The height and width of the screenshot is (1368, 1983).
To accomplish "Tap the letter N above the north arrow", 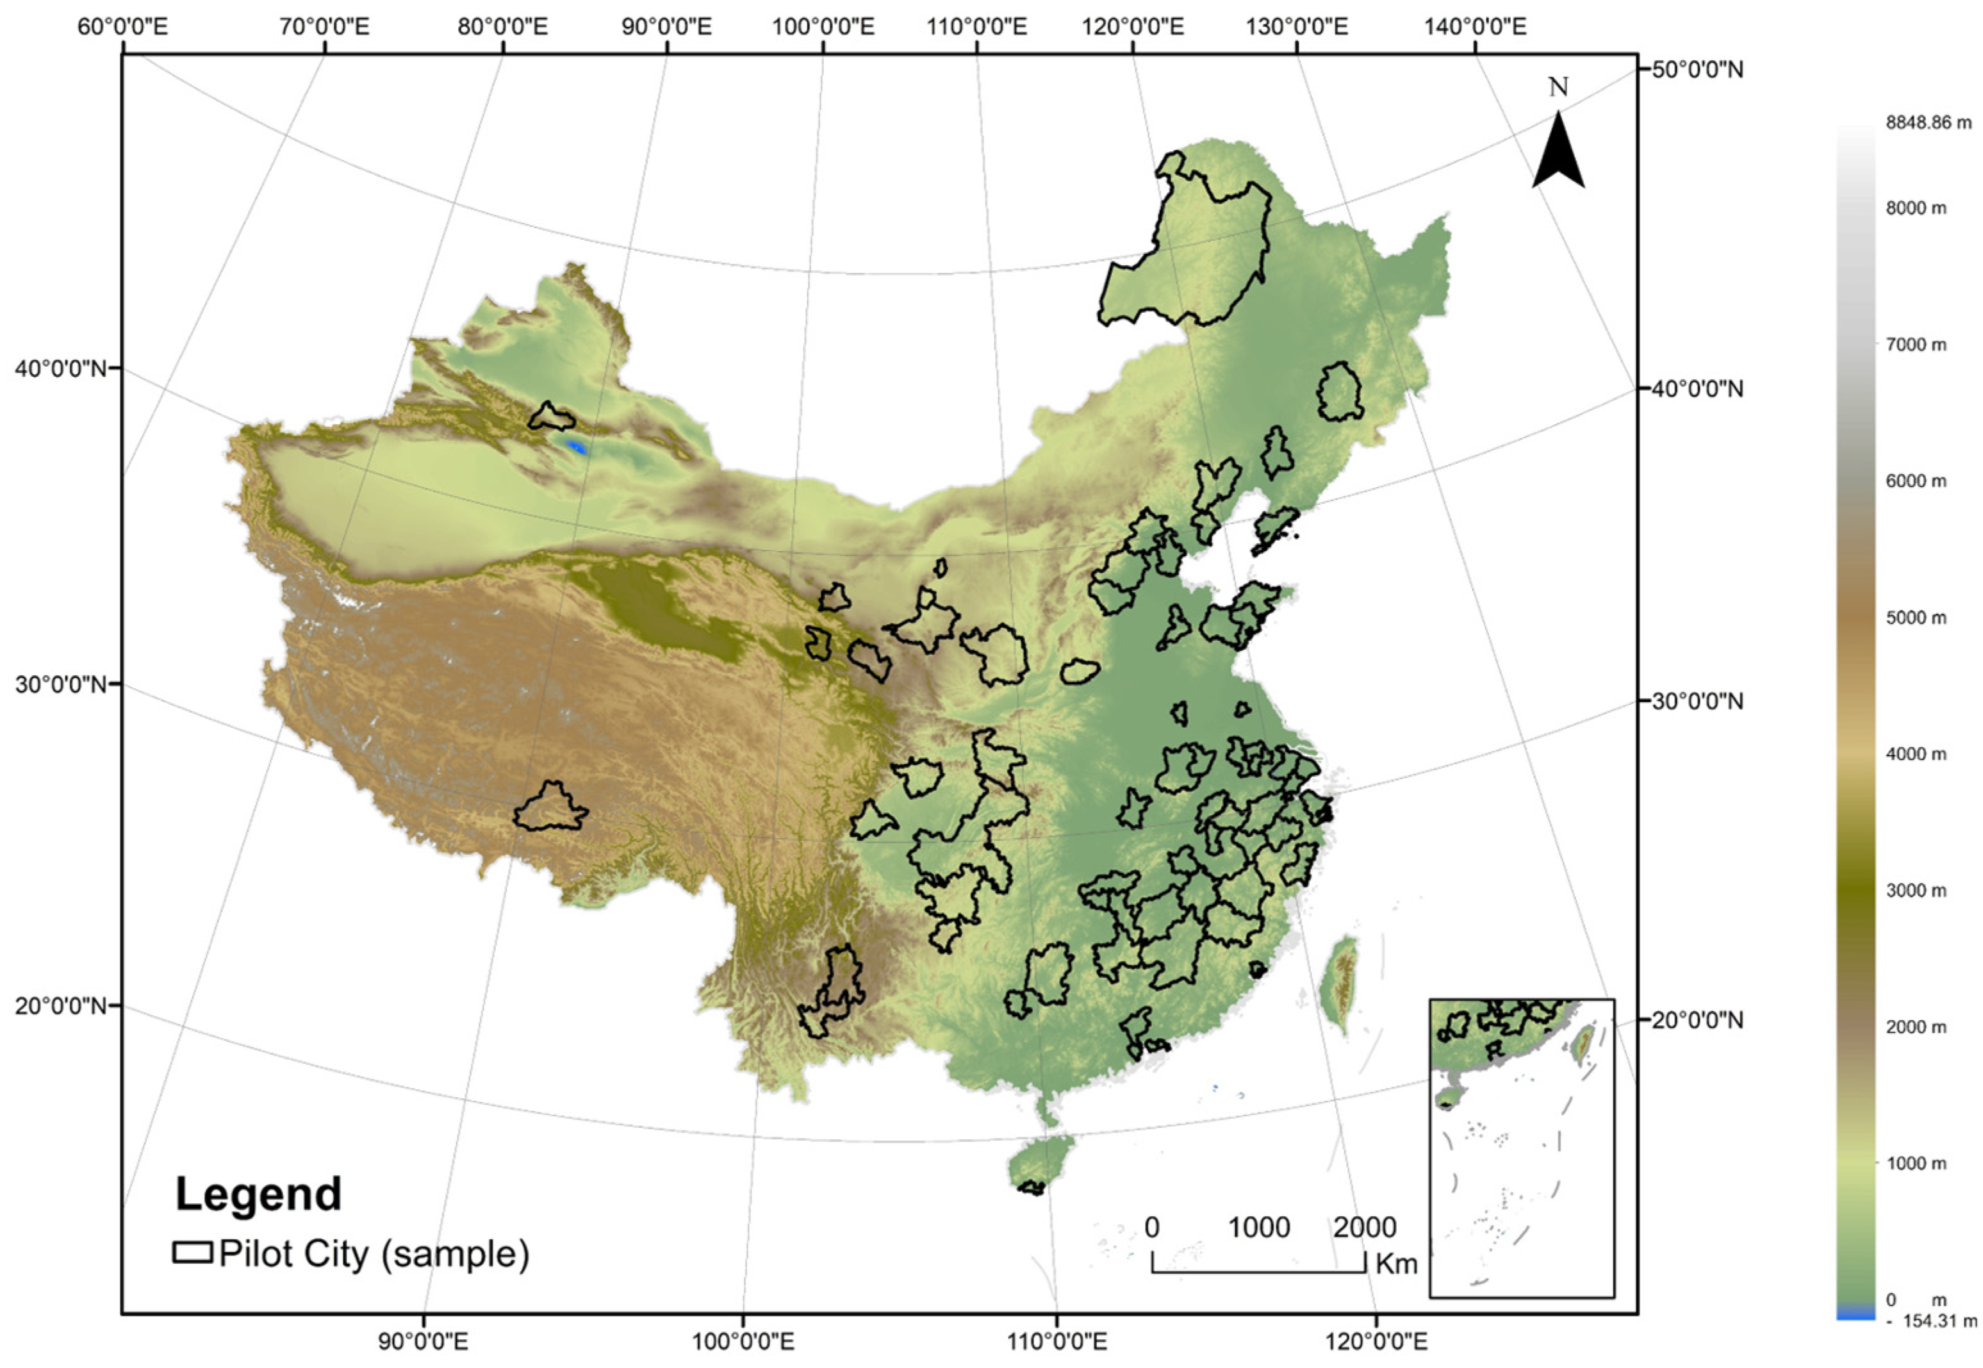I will pos(1558,87).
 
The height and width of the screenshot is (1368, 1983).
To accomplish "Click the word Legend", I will pos(258,1194).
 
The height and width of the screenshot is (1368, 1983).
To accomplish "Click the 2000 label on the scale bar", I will pos(1364,1228).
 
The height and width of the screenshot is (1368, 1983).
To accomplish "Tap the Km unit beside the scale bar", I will pos(1397,1264).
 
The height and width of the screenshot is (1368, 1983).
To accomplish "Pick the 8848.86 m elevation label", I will pos(1928,122).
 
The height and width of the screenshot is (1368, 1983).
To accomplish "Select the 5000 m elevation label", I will pos(1915,617).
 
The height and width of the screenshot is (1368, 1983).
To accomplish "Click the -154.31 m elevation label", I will pos(1932,1345).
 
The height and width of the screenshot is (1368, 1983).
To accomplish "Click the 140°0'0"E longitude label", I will pos(1475,26).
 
